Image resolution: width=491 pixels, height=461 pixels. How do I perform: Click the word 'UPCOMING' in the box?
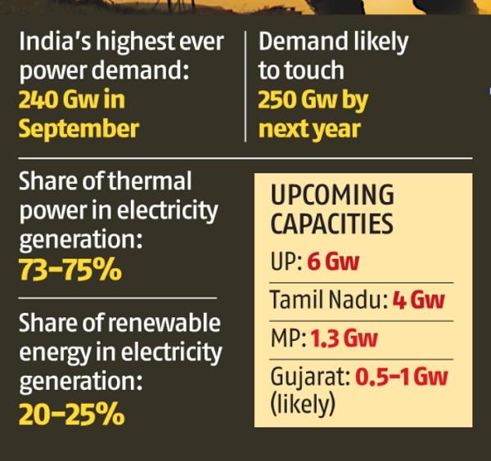(x=332, y=196)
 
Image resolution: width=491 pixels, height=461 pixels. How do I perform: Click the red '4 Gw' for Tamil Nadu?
(x=418, y=300)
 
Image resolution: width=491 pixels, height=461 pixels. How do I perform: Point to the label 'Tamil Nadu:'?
(x=327, y=300)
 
